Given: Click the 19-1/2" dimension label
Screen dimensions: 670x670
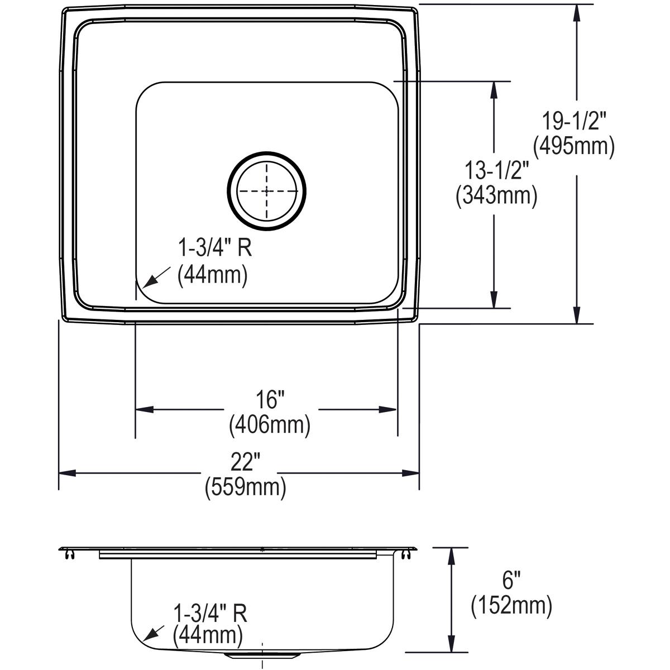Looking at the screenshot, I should click(x=575, y=121).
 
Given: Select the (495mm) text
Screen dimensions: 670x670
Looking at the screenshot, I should click(x=574, y=147).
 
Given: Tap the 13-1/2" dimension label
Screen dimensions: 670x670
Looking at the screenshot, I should click(x=494, y=170).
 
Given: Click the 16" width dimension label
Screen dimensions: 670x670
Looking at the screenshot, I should click(x=270, y=400).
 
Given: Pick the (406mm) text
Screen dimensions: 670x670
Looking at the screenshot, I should click(x=269, y=425).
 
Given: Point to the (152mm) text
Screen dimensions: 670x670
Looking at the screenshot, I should click(x=511, y=606).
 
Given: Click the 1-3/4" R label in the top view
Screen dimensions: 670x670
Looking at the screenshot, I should click(x=215, y=248).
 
